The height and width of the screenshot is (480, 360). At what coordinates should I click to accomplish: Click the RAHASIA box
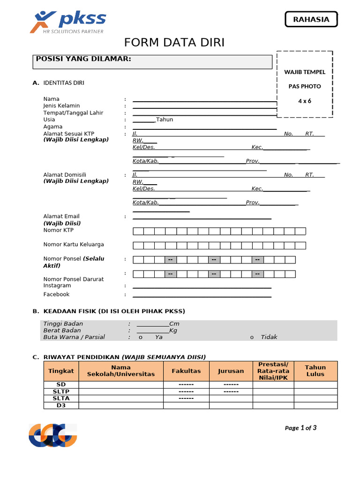coord(311,19)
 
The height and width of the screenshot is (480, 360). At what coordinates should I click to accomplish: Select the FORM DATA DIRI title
coord(174,43)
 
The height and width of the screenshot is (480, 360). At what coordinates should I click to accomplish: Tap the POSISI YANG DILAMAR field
coord(154,62)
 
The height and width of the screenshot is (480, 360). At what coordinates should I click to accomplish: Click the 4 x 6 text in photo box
coord(305,101)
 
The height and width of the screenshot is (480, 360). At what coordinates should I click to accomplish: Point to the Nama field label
coord(52,99)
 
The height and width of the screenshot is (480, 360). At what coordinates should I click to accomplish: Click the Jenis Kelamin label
coord(61,106)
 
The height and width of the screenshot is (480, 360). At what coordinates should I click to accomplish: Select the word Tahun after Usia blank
coord(165,120)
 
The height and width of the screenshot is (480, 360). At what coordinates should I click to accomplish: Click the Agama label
coord(53,127)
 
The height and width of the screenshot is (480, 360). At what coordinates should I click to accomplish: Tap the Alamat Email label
coord(61,216)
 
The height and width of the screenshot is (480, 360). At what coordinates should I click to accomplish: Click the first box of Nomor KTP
coord(138,231)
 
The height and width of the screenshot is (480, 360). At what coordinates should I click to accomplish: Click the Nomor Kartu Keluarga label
coord(74,244)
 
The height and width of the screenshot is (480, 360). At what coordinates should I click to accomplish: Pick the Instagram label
coord(57,285)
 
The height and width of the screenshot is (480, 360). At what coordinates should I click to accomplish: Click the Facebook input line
coord(202,296)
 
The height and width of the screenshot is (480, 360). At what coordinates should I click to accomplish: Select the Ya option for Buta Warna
coord(158,337)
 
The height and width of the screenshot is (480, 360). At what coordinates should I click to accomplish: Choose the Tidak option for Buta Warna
coord(269,337)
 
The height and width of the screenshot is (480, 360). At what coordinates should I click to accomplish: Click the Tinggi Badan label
coord(63,324)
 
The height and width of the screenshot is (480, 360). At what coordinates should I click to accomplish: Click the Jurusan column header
coord(231,371)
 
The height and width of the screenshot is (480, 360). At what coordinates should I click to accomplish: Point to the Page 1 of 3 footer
coord(301,427)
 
